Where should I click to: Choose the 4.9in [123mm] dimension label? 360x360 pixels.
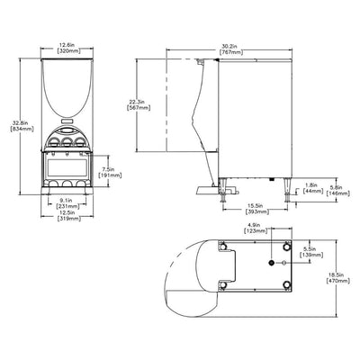coord(255,227)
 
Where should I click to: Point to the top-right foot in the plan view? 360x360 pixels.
coord(288,247)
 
